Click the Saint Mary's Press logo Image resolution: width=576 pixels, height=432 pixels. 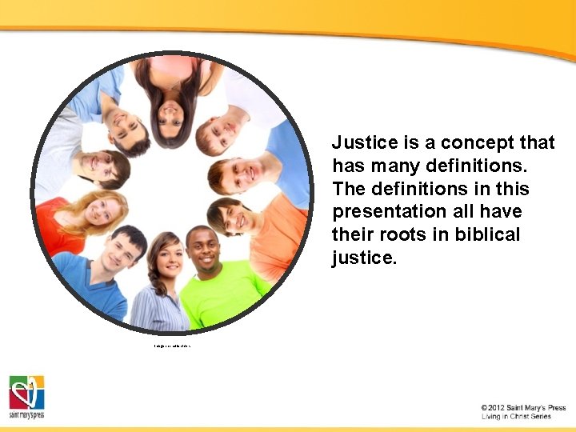[26, 397]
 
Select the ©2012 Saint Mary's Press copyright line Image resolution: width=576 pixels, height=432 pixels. [523, 408]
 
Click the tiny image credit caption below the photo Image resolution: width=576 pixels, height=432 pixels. [172, 346]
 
